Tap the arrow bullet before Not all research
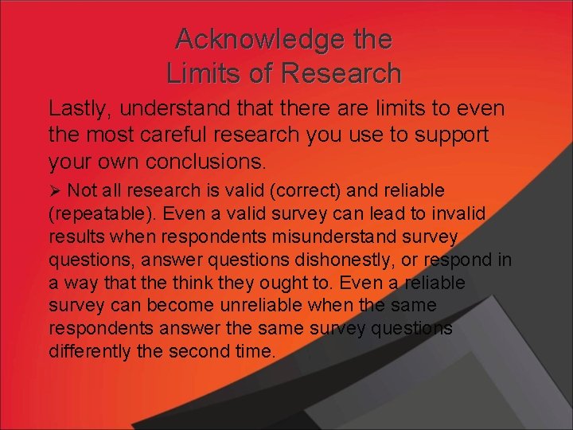tap(55, 191)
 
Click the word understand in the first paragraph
tap(186, 108)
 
